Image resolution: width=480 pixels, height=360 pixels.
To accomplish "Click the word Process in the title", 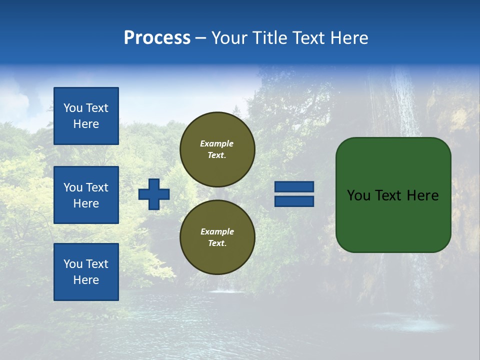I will [157, 38].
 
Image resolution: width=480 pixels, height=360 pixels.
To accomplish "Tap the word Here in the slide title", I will [349, 38].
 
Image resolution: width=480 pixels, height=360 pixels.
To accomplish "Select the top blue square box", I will [86, 116].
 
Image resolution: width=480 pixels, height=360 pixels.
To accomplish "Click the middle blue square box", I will [86, 195].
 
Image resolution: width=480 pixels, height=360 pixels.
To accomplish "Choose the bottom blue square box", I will [86, 272].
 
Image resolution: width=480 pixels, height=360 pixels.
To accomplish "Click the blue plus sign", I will [154, 194].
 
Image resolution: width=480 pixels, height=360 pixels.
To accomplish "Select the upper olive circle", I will [217, 149].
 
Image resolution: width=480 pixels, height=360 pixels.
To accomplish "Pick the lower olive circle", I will [217, 237].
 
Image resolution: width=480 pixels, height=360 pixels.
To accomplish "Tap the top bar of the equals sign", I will [294, 187].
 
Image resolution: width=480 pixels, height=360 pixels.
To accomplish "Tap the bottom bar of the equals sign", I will [294, 201].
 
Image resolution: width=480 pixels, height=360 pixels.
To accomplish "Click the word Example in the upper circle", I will [217, 143].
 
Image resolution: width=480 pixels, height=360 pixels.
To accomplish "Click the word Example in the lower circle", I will [217, 231].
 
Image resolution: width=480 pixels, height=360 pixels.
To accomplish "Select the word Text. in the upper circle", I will [217, 155].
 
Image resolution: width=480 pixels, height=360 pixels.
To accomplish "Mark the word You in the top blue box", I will [73, 108].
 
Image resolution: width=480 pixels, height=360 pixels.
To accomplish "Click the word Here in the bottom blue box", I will [86, 280].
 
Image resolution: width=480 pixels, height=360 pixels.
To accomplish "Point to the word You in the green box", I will [358, 195].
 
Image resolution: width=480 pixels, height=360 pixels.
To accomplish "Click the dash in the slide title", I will [200, 38].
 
